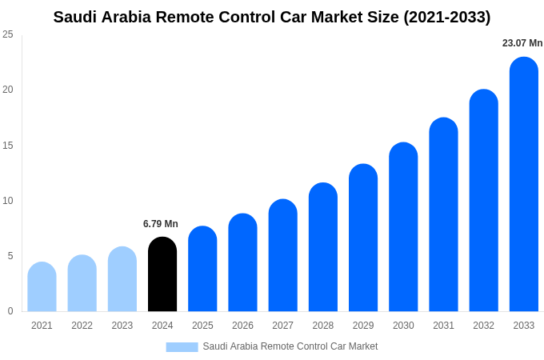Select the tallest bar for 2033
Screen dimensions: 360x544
[523, 184]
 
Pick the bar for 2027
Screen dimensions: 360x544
[282, 255]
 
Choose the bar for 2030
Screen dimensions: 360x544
[403, 227]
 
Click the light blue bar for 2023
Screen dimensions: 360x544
[122, 279]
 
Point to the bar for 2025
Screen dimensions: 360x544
[202, 269]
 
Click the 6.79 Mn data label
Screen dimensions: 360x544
[161, 224]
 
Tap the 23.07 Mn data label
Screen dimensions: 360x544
[522, 43]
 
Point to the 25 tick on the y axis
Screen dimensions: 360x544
[8, 34]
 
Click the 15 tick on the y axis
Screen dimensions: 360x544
[8, 146]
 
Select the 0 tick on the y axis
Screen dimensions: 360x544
[10, 311]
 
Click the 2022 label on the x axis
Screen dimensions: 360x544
[82, 326]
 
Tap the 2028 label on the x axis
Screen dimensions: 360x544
[322, 326]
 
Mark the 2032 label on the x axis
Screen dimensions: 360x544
[483, 326]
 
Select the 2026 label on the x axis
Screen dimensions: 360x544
[242, 326]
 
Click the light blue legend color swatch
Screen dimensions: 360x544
[182, 347]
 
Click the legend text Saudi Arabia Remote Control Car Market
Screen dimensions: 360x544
[290, 346]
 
